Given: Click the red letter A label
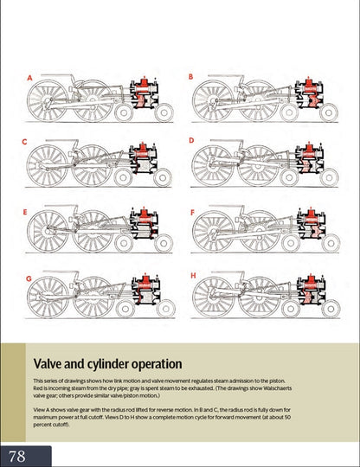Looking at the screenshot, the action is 29,78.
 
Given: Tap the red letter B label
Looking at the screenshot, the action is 190,77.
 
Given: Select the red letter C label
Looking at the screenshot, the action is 24,142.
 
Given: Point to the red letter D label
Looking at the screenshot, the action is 191,140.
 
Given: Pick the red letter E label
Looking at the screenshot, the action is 25,212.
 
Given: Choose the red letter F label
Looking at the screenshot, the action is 192,213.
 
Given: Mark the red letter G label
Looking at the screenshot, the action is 29,278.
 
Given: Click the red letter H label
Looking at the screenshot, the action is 193,276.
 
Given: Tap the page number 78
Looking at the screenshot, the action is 17,457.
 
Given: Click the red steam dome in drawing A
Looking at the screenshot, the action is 145,82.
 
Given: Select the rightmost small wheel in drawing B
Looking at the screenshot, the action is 329,113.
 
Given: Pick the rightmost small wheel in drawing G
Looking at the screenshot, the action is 165,309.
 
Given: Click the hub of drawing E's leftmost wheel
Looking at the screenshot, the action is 47,231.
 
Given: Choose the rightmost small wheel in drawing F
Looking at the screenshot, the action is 331,243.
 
